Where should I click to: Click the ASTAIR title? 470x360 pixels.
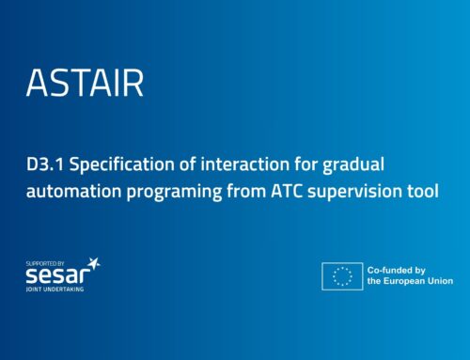pos(86,83)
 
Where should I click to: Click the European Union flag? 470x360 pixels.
pos(342,275)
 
